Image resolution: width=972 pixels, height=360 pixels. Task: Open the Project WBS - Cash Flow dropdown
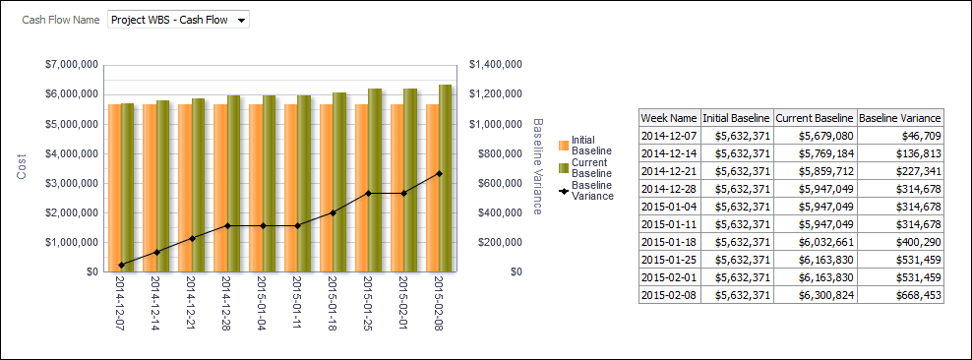point(178,20)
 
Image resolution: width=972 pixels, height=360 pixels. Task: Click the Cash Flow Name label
point(60,20)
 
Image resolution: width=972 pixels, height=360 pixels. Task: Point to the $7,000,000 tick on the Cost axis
point(71,65)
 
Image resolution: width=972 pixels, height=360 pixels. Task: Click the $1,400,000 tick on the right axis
point(495,65)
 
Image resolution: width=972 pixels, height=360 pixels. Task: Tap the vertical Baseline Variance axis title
point(538,166)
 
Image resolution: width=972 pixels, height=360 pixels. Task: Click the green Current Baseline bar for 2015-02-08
point(446,178)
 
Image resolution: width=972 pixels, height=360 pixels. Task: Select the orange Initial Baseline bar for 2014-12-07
point(115,187)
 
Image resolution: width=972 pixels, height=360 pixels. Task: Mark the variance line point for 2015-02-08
point(438,173)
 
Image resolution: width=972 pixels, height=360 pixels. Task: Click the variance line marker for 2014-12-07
point(121,265)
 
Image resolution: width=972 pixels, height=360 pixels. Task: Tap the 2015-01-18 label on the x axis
point(333,305)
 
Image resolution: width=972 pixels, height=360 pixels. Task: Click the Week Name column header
point(669,117)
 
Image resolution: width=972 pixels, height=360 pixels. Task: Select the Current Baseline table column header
point(815,117)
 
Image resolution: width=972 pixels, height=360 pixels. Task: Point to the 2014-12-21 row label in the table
point(669,170)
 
